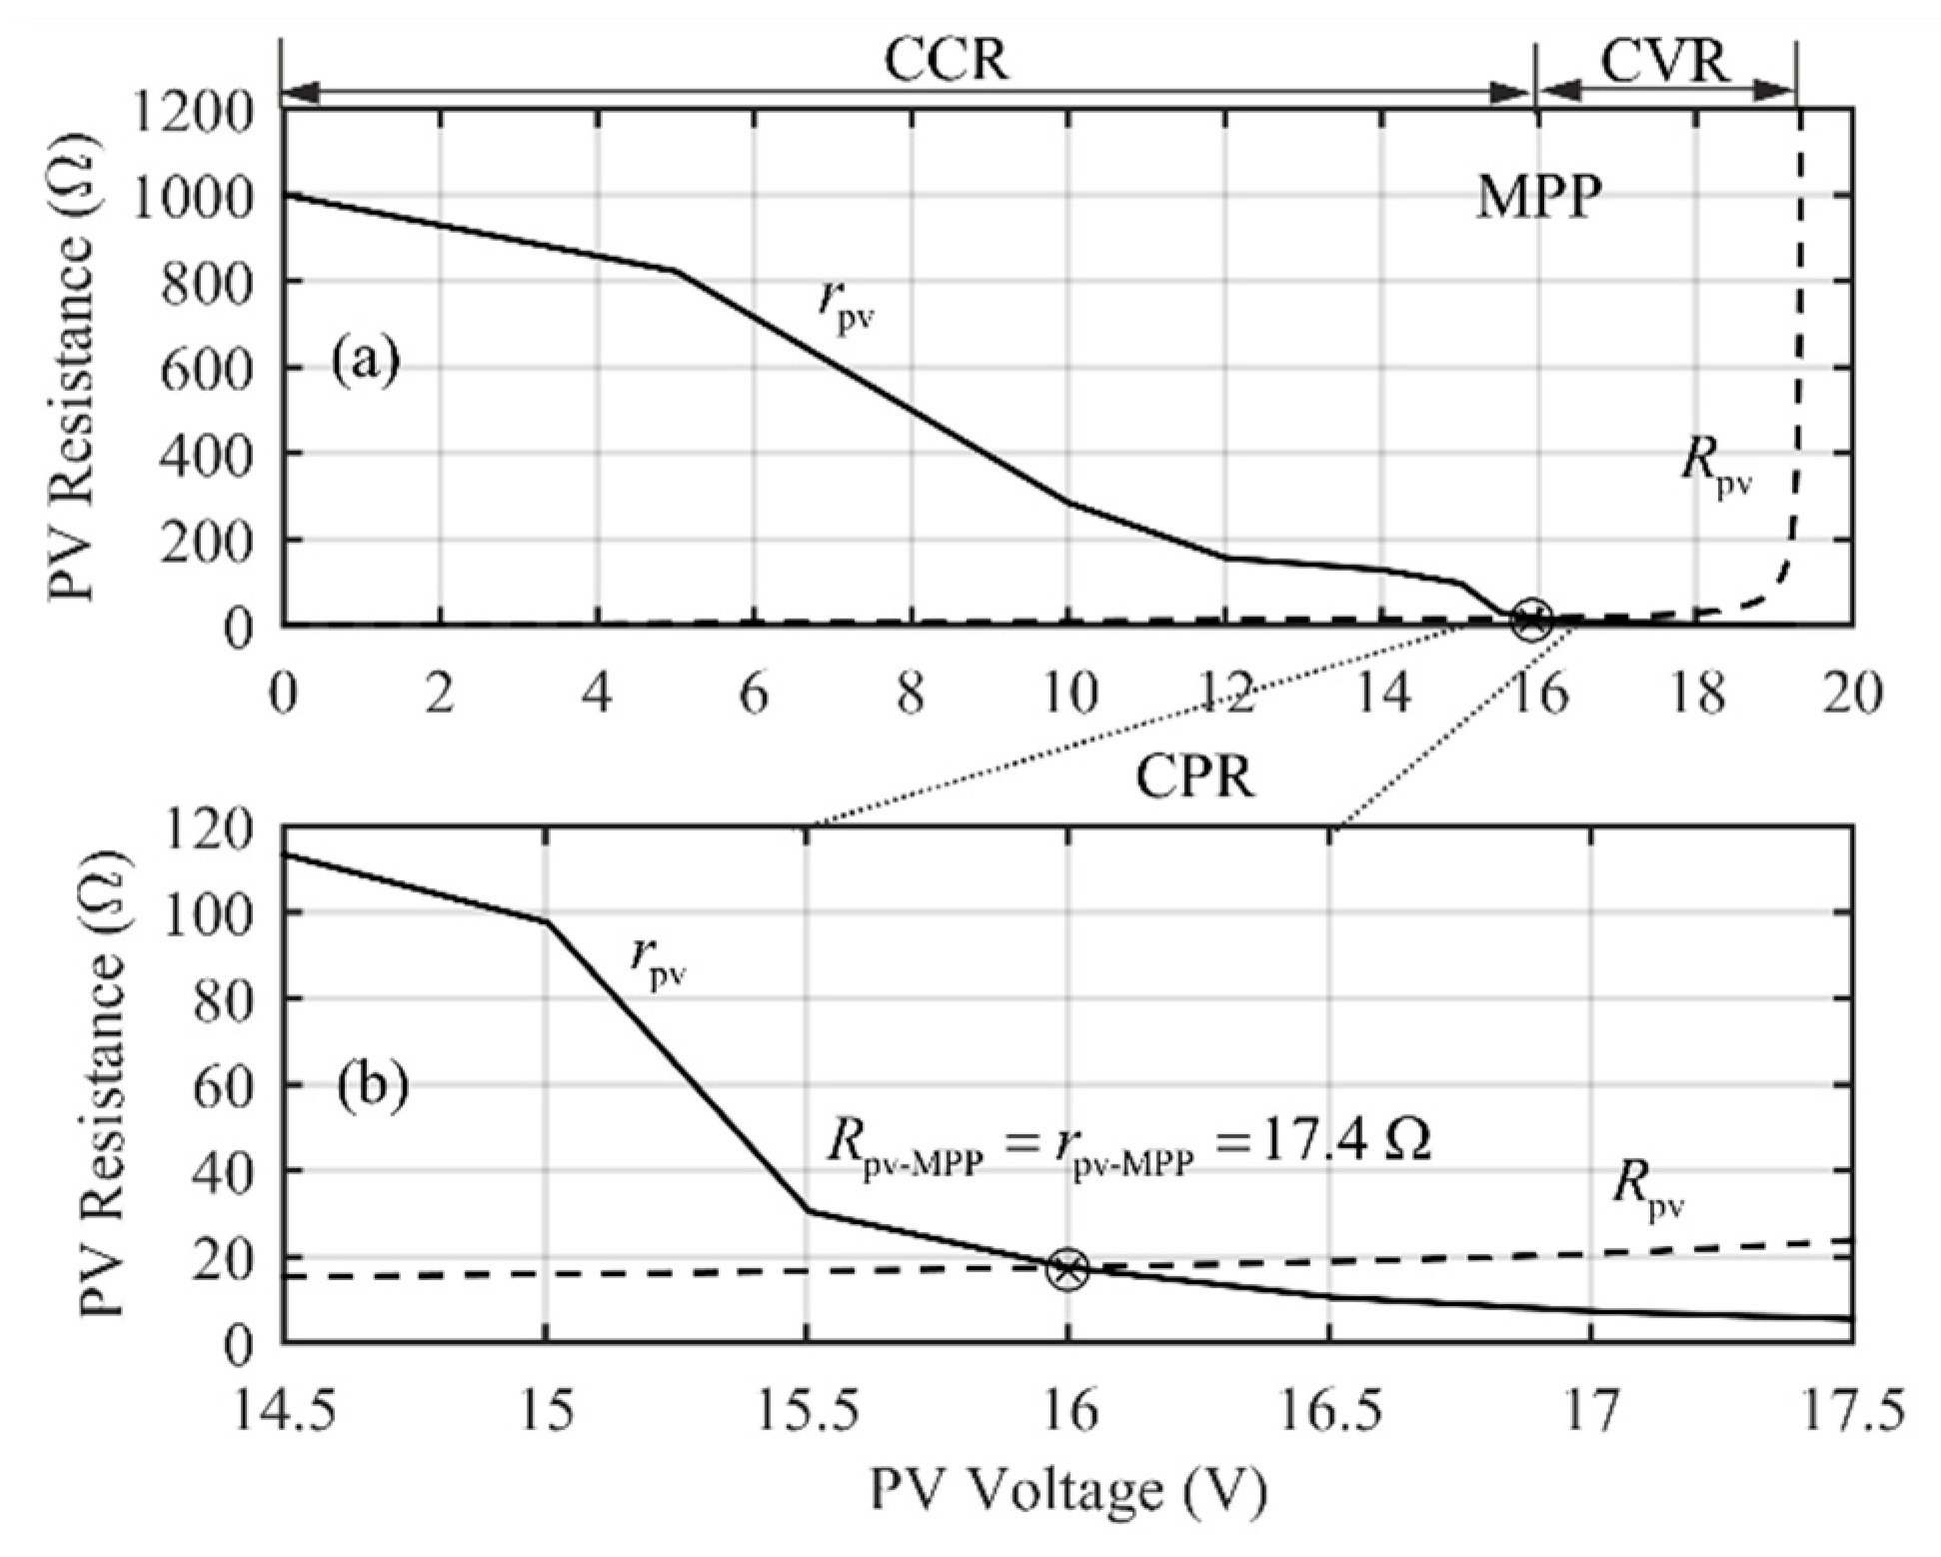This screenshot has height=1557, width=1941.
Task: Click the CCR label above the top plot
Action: click(946, 62)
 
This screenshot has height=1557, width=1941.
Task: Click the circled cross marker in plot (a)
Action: click(1531, 621)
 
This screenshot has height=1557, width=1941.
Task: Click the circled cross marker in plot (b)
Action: click(1067, 1269)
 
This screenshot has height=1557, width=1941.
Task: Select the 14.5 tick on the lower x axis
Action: click(283, 1413)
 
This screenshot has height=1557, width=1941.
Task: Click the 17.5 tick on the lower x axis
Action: click(1852, 1413)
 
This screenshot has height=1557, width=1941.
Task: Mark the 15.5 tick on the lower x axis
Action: click(808, 1413)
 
